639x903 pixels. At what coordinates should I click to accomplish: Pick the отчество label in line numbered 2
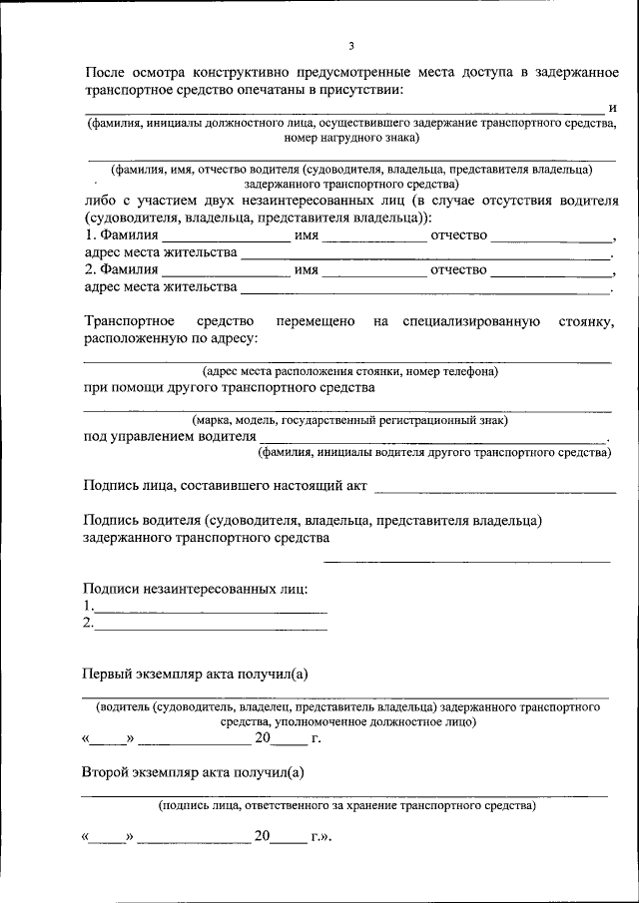point(458,270)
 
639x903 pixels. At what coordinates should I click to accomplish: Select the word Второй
point(111,771)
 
